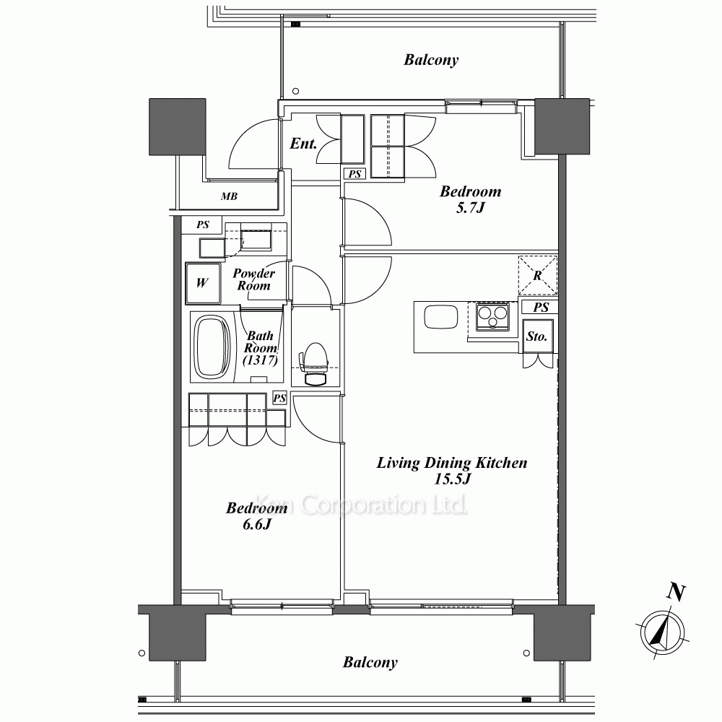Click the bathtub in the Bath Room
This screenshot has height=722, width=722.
coord(213,347)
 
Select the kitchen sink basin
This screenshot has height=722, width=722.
coord(440,317)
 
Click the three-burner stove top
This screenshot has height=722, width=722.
coord(492,316)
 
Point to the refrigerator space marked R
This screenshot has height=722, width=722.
coord(537,275)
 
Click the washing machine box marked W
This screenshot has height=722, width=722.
coord(203,283)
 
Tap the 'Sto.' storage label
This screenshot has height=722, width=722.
coord(537,336)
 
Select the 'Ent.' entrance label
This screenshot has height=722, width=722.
coord(303,144)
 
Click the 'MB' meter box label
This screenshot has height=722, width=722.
coord(229,196)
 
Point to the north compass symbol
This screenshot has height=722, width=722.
coord(662,632)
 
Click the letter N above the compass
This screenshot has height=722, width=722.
coord(676,593)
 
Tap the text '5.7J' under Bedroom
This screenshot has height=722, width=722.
coord(471,208)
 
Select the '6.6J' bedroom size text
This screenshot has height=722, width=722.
coord(257,524)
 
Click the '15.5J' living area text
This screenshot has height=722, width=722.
coord(453,479)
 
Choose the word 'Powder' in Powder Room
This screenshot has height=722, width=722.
coord(253,274)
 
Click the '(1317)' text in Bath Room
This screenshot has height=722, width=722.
coord(261,360)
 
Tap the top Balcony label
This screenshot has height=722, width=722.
coord(431,60)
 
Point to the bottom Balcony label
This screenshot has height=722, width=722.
coord(370,663)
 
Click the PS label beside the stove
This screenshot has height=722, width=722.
coord(541,307)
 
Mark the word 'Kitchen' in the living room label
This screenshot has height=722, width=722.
coord(501,462)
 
